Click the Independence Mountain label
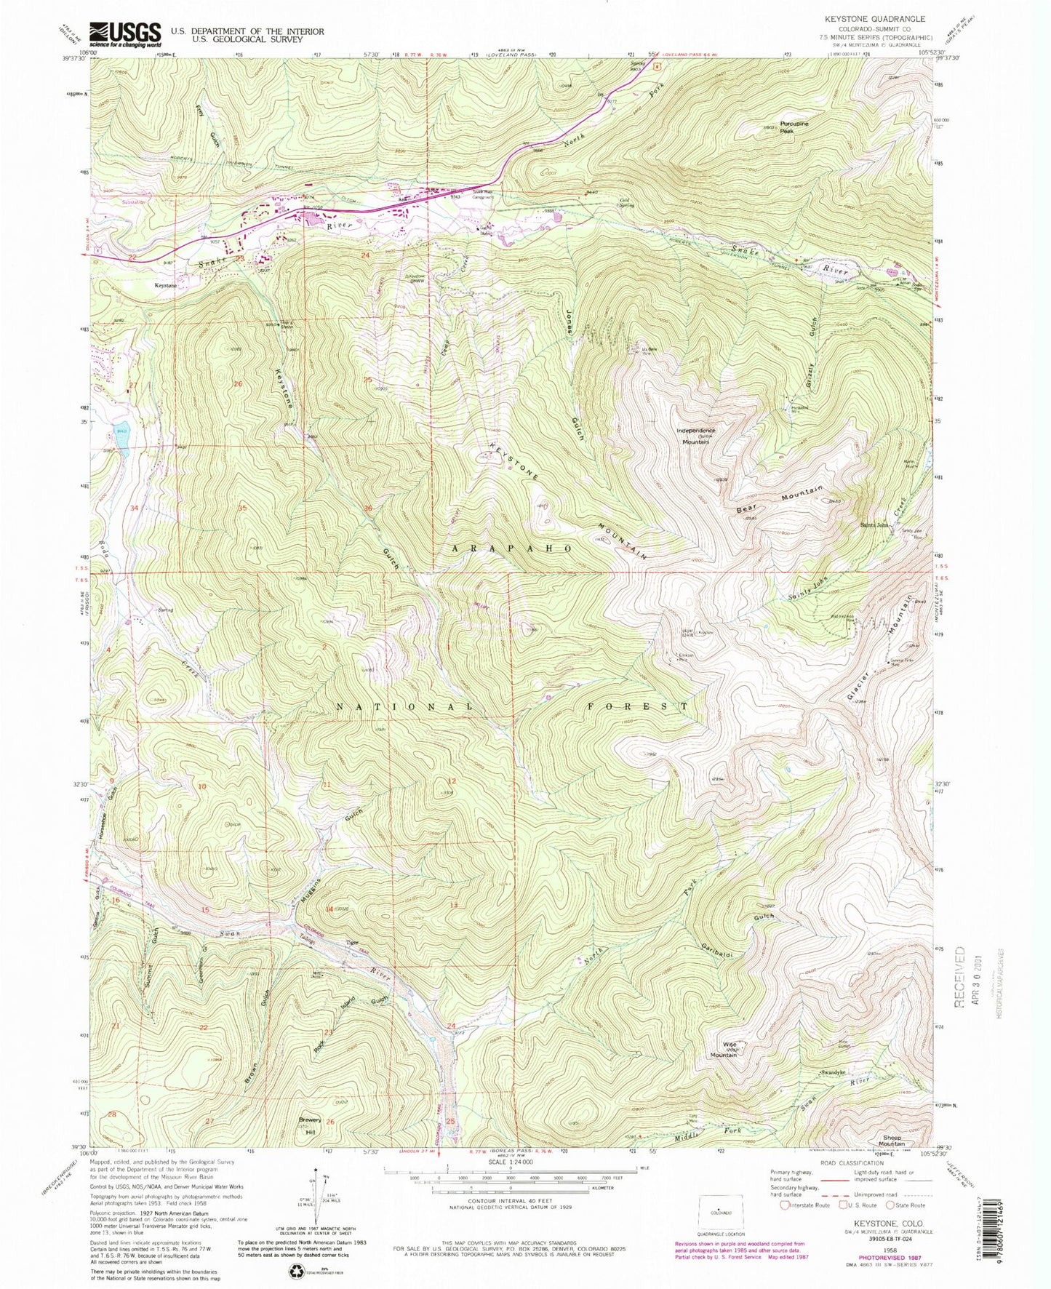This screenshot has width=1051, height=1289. click(x=696, y=435)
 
